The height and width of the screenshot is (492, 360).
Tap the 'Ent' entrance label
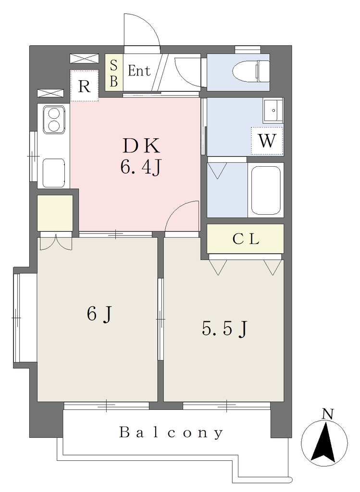point(139,71)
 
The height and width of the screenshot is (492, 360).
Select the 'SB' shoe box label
point(113,74)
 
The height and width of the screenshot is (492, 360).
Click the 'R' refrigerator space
point(85,86)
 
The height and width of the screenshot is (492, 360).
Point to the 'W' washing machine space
point(267,141)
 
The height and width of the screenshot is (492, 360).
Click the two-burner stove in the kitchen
point(53,120)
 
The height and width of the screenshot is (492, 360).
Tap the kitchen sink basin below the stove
point(54,173)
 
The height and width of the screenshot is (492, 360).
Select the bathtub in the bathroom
point(266,189)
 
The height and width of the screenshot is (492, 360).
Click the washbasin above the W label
point(273,111)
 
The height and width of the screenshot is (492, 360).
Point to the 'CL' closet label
point(246,239)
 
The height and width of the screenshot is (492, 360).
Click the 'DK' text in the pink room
point(141,146)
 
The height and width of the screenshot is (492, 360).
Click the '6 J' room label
point(99,314)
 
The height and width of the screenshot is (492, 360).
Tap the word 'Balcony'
point(171,433)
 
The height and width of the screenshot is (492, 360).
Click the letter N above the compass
point(328,414)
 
